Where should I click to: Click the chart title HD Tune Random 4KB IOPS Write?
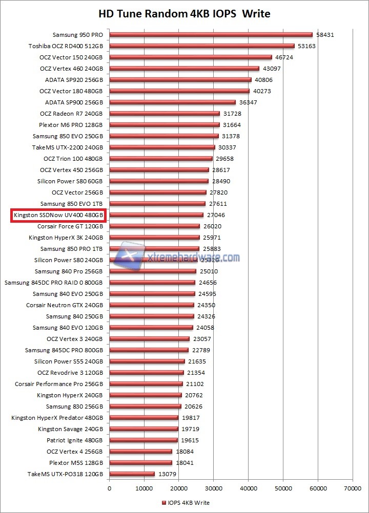pos(184,13)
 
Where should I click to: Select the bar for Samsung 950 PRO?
pos(210,35)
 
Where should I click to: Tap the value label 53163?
pos(307,46)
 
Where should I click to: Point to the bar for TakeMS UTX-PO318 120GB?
pos(132,474)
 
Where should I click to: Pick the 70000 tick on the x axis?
pos(352,488)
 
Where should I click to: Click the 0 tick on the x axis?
pos(109,488)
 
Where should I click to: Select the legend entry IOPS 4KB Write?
pos(186,503)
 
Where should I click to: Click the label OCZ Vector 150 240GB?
pos(71,57)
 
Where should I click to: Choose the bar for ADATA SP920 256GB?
pos(180,80)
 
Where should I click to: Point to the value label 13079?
pos(167,474)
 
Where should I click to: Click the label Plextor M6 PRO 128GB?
pos(71,125)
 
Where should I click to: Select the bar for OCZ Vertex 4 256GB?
pos(140,452)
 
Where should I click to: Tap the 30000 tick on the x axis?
pos(213,488)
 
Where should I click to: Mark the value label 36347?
pos(248,102)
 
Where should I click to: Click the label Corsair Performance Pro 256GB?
pos(59,384)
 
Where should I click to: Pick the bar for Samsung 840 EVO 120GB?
pos(151,328)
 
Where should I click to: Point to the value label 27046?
pos(216,215)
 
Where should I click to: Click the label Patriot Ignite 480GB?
pos(75,440)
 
